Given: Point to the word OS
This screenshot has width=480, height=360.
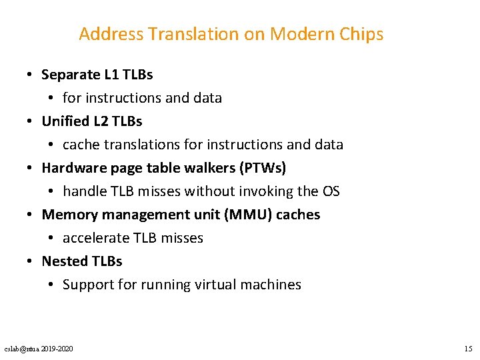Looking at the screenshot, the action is click(x=331, y=191).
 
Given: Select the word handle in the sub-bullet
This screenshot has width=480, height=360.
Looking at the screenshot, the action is click(x=84, y=191).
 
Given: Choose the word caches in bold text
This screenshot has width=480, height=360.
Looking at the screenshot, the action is click(x=297, y=214).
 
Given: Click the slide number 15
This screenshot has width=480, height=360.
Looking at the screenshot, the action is click(x=468, y=349).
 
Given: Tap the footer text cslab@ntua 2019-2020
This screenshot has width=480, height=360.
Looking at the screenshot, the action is click(x=39, y=349).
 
